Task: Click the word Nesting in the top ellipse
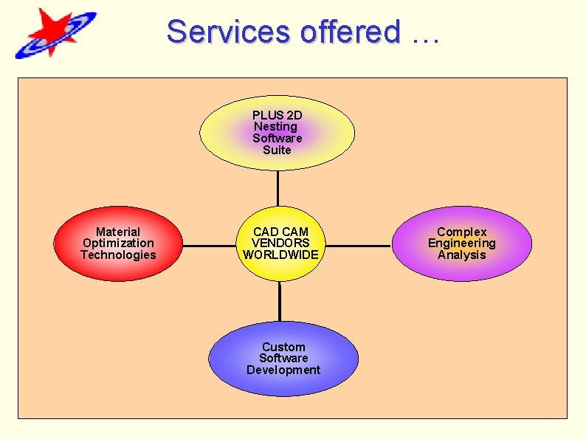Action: tap(275, 127)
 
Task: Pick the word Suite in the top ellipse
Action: tap(277, 150)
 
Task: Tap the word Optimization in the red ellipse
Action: tap(118, 243)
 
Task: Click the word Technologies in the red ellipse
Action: tap(118, 255)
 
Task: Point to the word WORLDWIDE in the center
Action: tap(280, 255)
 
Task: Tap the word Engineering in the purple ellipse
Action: tap(461, 243)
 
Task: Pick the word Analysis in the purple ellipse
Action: tap(461, 255)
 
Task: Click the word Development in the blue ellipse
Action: tap(283, 370)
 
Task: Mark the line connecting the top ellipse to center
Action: tap(278, 188)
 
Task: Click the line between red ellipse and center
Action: tap(208, 245)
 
